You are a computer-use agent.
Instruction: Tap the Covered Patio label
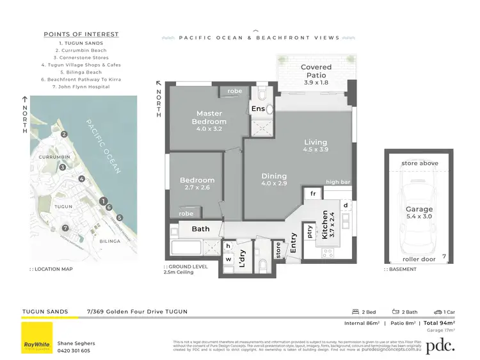[x=316, y=71]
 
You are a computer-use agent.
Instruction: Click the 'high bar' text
[x=337, y=183]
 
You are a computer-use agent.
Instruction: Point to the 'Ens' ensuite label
[x=258, y=109]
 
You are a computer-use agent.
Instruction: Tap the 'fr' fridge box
[x=314, y=193]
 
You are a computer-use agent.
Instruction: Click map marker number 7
[x=65, y=228]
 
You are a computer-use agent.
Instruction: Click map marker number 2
[x=64, y=135]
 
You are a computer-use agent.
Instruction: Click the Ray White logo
[x=37, y=338]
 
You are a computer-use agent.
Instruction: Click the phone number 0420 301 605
[x=74, y=350]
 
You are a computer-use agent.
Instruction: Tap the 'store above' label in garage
[x=420, y=163]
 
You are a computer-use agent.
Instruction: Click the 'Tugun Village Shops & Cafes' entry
[x=81, y=65]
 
